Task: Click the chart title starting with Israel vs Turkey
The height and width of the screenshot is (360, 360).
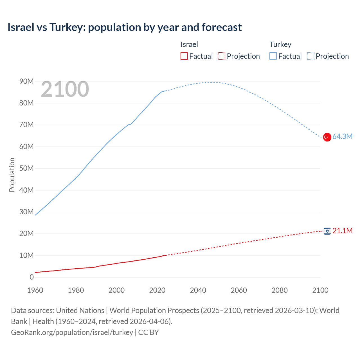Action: (125, 27)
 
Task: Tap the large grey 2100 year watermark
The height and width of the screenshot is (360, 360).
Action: (65, 89)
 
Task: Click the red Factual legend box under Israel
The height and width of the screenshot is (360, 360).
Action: (184, 56)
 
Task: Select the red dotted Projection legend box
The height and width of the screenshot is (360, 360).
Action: (222, 56)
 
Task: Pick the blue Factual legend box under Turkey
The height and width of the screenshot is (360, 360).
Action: (273, 56)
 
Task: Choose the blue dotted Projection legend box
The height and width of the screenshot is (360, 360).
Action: (311, 56)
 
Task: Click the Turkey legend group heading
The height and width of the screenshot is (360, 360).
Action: (280, 44)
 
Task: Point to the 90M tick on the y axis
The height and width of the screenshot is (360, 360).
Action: (26, 81)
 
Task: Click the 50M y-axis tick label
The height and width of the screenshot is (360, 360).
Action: (26, 168)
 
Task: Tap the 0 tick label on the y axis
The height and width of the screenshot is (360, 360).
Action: (31, 277)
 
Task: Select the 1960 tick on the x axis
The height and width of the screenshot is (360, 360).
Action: (35, 290)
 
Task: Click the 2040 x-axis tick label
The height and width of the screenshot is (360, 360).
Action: (198, 290)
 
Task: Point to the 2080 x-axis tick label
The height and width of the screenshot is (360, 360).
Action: (280, 290)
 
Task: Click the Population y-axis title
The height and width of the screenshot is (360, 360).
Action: (12, 175)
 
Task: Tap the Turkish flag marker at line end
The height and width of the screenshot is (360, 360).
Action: (327, 137)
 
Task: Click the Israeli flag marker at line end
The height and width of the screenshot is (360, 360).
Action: (327, 231)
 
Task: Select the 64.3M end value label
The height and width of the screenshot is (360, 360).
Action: (342, 136)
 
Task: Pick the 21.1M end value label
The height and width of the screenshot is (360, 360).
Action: (342, 231)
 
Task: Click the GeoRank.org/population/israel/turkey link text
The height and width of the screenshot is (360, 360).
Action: (72, 332)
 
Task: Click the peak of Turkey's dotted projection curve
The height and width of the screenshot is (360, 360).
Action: (211, 82)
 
